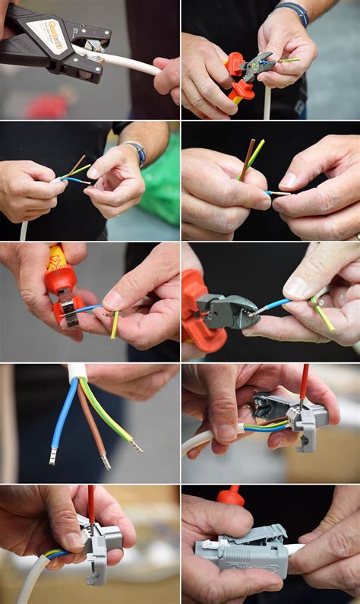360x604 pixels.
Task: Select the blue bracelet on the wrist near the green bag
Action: [x=138, y=153]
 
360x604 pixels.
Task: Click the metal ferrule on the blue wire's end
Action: [x=53, y=456]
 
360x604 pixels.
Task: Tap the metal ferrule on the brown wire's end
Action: [x=105, y=460]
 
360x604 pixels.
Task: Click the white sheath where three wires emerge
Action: [x=77, y=372]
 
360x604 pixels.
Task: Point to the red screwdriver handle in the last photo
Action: [x=230, y=496]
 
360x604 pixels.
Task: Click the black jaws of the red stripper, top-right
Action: [x=257, y=67]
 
